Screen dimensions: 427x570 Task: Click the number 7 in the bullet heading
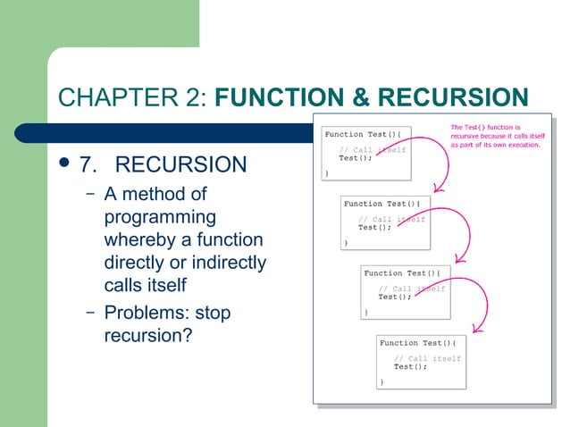pyautogui.click(x=87, y=165)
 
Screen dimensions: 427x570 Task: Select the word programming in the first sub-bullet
pyautogui.click(x=160, y=217)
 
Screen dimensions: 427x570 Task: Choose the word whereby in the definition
pyautogui.click(x=138, y=240)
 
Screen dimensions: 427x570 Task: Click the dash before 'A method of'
pyautogui.click(x=91, y=194)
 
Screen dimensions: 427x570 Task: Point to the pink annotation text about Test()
pyautogui.click(x=497, y=136)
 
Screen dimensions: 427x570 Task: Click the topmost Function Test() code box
pyautogui.click(x=367, y=151)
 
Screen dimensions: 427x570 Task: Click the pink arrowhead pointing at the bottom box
pyautogui.click(x=482, y=327)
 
